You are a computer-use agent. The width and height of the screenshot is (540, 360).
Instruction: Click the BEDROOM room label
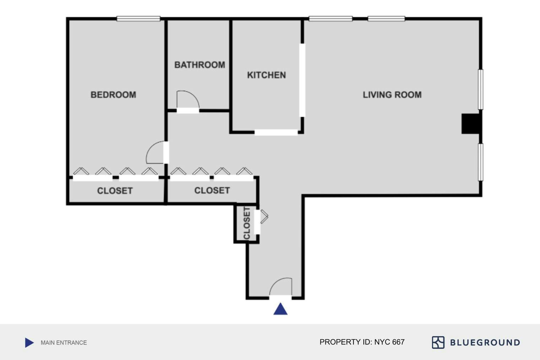[113, 95]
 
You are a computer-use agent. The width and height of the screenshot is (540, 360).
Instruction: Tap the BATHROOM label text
[200, 65]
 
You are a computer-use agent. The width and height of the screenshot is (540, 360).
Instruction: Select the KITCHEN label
[266, 75]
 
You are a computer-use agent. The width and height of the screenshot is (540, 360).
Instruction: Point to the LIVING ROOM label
[392, 95]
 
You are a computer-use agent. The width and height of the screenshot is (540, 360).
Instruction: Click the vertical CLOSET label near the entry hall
[247, 223]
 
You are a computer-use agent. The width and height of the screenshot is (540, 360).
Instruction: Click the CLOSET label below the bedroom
[115, 191]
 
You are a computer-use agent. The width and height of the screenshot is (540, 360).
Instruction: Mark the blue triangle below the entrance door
[280, 310]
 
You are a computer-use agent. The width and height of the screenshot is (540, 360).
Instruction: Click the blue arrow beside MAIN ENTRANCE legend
[29, 343]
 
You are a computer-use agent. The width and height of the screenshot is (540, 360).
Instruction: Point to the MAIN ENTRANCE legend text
[64, 343]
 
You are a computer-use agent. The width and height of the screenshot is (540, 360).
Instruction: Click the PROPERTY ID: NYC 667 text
[362, 342]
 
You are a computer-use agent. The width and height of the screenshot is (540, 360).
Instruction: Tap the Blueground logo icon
[438, 342]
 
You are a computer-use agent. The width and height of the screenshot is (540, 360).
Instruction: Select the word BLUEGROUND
[485, 343]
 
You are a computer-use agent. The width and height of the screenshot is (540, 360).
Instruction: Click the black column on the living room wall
[471, 124]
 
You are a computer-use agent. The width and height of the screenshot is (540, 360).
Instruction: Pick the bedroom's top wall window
[139, 18]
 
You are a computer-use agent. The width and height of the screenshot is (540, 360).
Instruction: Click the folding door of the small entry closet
[264, 216]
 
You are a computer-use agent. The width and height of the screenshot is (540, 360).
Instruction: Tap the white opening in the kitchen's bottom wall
[276, 132]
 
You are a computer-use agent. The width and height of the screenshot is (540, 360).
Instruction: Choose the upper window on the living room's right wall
[480, 90]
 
